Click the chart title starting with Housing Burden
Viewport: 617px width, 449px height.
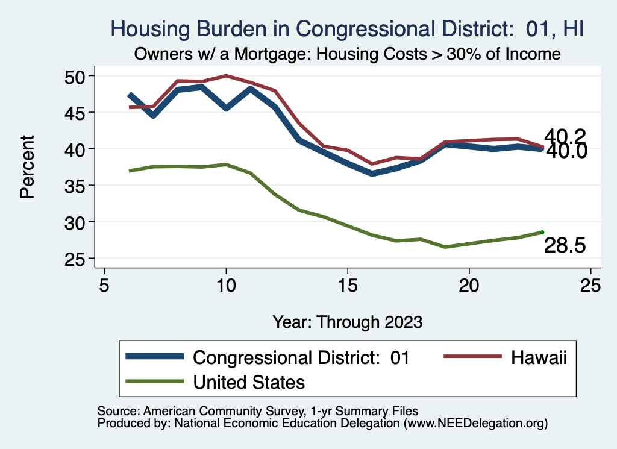coord(347,28)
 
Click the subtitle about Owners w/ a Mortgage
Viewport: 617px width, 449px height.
coord(347,54)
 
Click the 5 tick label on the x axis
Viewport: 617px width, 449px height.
coord(104,284)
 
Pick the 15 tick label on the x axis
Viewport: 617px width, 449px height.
coord(347,284)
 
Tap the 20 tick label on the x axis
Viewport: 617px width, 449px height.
coord(469,284)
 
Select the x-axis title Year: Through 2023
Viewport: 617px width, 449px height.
coord(347,321)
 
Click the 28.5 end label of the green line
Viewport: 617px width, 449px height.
coord(565,245)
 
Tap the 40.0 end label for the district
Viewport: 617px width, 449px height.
coord(566,151)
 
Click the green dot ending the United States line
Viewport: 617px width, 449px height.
coord(542,232)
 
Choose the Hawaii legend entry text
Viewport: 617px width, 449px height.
coord(539,357)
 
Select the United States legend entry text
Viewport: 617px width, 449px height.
coord(249,381)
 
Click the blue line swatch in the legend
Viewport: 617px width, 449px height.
coord(154,357)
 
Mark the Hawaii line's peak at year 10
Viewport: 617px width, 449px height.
coord(226,76)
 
